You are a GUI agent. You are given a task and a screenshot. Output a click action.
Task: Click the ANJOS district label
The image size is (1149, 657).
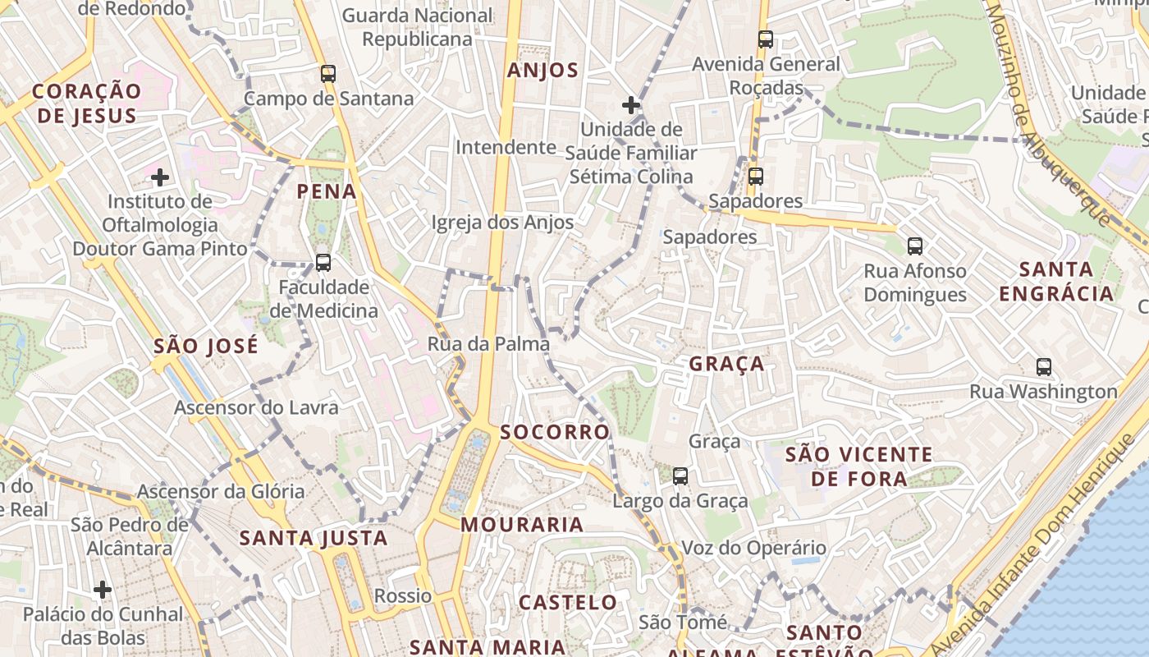[542, 71]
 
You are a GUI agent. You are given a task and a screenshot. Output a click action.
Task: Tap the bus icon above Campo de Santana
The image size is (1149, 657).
[328, 74]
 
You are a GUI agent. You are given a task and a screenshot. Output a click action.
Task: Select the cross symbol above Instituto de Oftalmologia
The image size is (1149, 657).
[160, 177]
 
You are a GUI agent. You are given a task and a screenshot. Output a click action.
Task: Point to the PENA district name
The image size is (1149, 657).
[327, 192]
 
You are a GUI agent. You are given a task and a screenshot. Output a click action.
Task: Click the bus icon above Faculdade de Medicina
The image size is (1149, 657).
[323, 263]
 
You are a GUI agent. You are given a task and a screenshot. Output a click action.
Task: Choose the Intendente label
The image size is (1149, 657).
[506, 148]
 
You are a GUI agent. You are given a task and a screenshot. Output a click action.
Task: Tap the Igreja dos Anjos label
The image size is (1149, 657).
[502, 223]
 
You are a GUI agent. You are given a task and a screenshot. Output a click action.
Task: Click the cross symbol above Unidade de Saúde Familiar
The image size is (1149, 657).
[630, 105]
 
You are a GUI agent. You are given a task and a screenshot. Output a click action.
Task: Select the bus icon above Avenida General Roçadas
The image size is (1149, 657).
[766, 39]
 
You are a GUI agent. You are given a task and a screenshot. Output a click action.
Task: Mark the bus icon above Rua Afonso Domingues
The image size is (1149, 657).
[915, 246]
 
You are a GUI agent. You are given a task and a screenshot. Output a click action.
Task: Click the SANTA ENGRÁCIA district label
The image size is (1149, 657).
[1056, 281]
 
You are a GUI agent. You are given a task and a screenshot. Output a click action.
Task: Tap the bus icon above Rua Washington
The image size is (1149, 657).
[1044, 367]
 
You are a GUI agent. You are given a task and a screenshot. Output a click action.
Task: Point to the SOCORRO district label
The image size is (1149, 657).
[555, 432]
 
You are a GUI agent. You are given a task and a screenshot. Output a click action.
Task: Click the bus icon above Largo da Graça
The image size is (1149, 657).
[680, 476]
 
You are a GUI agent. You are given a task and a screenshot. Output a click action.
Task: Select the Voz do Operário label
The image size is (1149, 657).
[754, 548]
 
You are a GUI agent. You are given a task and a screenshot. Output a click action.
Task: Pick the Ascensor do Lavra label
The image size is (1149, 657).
[256, 407]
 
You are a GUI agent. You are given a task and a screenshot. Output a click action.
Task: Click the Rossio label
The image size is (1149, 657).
[403, 595]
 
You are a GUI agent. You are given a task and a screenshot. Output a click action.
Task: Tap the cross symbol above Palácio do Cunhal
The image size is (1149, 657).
[103, 590]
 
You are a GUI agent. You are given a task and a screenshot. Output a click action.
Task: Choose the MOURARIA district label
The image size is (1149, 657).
[522, 525]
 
